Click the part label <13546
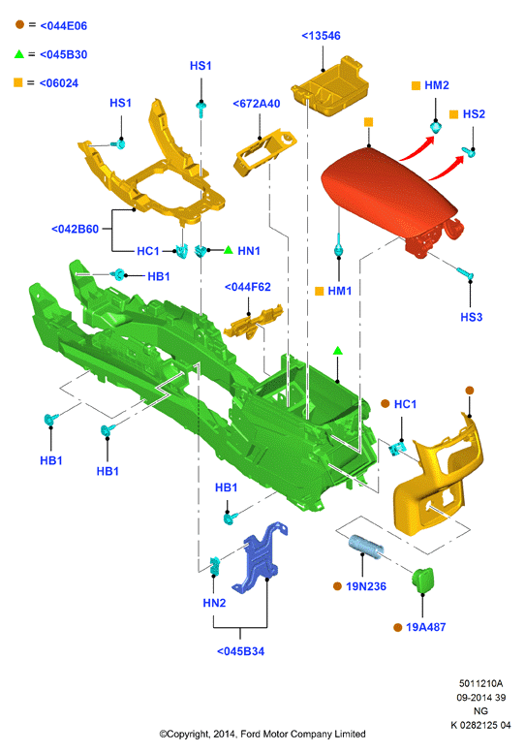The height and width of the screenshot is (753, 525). pyautogui.click(x=321, y=36)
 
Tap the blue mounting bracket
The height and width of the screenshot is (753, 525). pyautogui.click(x=261, y=557)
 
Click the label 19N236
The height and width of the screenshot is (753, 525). pyautogui.click(x=366, y=586)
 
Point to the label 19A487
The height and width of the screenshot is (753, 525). pyautogui.click(x=425, y=627)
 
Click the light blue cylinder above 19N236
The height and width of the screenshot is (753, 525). pyautogui.click(x=366, y=547)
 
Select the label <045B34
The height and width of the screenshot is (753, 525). pyautogui.click(x=240, y=651)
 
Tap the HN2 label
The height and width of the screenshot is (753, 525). pyautogui.click(x=214, y=603)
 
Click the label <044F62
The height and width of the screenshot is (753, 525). pyautogui.click(x=248, y=287)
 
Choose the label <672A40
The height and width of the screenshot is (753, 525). pyautogui.click(x=257, y=104)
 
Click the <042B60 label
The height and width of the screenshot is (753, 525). pyautogui.click(x=75, y=229)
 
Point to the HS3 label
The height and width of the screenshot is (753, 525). pyautogui.click(x=472, y=317)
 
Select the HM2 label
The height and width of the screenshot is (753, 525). pyautogui.click(x=437, y=85)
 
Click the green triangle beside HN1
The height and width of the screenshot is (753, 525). pyautogui.click(x=229, y=250)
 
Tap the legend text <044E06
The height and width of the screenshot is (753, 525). pyautogui.click(x=63, y=26)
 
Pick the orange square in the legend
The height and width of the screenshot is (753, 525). pyautogui.click(x=18, y=82)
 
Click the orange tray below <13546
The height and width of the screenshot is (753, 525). pyautogui.click(x=330, y=86)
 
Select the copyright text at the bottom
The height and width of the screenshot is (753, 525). pyautogui.click(x=262, y=734)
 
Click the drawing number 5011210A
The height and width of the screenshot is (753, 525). pyautogui.click(x=480, y=683)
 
